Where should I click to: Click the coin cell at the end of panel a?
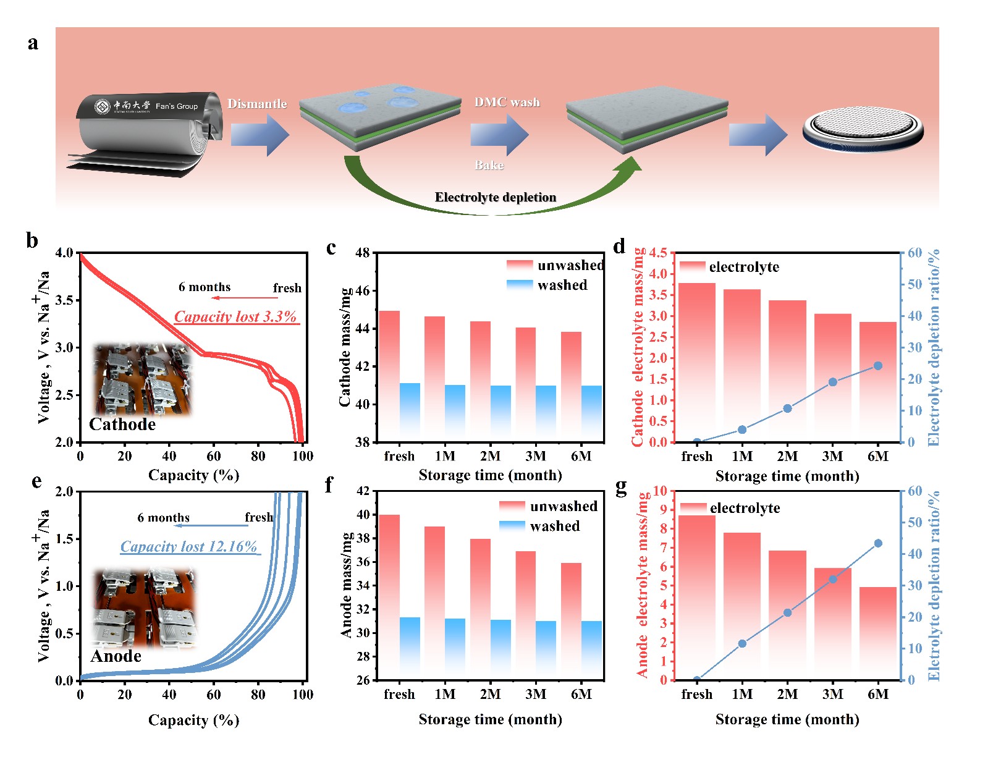[x=863, y=131]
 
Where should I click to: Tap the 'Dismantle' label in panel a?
[x=257, y=104]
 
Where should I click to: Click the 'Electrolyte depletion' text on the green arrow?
[x=496, y=197]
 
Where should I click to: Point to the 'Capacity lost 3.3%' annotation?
[x=235, y=317]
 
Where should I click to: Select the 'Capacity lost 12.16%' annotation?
[x=188, y=547]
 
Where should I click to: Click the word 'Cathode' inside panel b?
[x=122, y=425]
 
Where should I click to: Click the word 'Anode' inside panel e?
[x=116, y=656]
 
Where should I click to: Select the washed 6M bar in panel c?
[x=591, y=413]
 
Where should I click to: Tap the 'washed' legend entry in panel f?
[x=554, y=526]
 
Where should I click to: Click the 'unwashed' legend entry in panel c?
[x=570, y=266]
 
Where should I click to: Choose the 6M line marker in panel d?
[x=877, y=366]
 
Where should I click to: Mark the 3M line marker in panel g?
[x=832, y=579]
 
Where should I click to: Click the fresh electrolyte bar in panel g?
[x=697, y=597]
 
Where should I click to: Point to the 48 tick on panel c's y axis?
[x=363, y=253]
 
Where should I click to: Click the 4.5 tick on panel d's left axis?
[x=659, y=253]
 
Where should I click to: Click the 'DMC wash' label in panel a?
[x=507, y=103]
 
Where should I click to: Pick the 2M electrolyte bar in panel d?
[x=787, y=371]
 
